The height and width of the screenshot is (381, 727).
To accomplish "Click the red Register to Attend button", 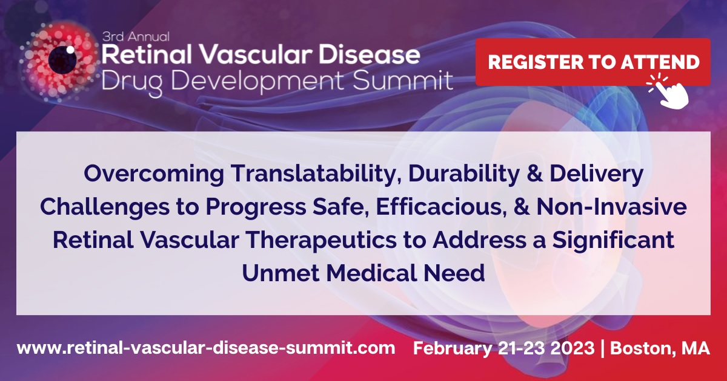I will pos(593,62).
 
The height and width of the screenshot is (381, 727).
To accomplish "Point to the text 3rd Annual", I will pos(135,36).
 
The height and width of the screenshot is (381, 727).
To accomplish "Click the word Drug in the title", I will pos(124,80).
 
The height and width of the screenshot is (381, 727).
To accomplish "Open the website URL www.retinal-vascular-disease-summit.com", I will pos(206,348).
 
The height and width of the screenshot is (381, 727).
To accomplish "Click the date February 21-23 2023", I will pos(503,348).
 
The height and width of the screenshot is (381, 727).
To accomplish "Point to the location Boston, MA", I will pos(660,348).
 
